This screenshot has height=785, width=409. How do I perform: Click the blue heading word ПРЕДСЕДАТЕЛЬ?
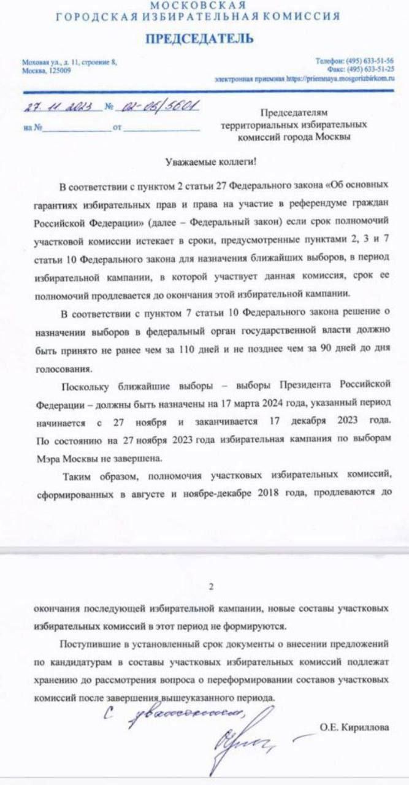tap(199, 39)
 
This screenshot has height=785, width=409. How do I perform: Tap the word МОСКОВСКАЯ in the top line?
tap(198, 6)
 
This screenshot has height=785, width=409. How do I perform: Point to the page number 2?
tap(211, 587)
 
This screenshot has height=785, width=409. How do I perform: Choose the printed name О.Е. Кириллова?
tap(354, 727)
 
